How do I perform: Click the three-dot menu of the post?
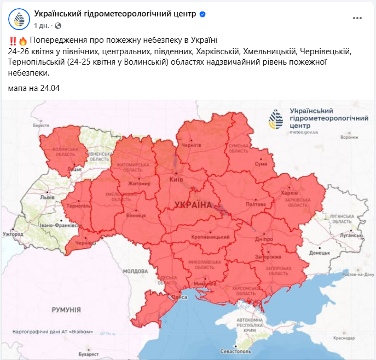pos(357,18)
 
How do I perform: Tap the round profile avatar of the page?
pos(19,19)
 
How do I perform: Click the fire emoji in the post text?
pos(23,41)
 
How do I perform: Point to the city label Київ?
pos(177,179)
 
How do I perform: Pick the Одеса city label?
pos(181,297)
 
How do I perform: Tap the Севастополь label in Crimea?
pos(237,351)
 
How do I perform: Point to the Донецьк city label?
pos(319,253)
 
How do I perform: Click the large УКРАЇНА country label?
pos(193,205)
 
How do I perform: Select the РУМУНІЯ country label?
pos(66,310)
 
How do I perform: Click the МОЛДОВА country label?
pos(135,271)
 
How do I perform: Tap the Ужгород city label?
pos(13,234)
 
